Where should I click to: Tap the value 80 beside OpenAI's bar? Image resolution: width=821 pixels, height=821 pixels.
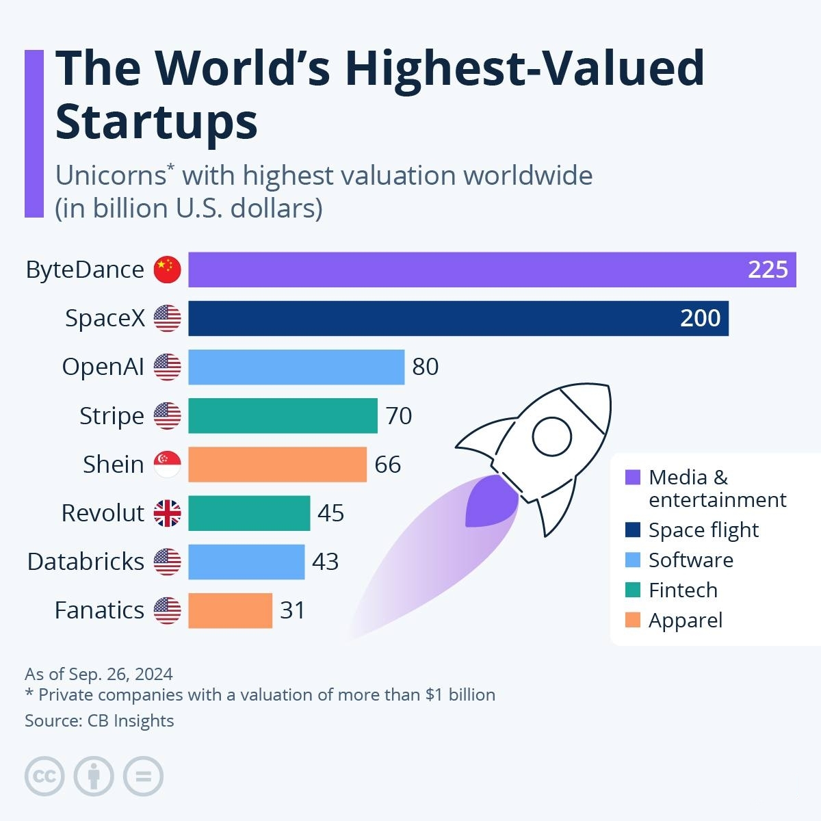[425, 367]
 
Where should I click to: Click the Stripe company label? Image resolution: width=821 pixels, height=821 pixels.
[112, 416]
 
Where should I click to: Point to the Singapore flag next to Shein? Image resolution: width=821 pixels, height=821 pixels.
[168, 465]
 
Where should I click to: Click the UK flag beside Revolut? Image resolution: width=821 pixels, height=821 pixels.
[168, 513]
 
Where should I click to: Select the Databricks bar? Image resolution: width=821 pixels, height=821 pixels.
[246, 562]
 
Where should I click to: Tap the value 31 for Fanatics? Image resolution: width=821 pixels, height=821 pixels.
[292, 610]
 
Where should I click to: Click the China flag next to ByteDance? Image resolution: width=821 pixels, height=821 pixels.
[168, 270]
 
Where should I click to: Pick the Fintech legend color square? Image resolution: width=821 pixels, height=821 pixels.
[633, 590]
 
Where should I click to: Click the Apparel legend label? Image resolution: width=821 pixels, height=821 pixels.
[685, 621]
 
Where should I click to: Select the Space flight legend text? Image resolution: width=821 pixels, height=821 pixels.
[703, 530]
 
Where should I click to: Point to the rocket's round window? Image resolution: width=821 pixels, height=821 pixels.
[551, 436]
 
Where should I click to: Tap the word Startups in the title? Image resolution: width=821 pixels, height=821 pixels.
[157, 122]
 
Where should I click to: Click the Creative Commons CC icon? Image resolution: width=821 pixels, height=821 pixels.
[44, 777]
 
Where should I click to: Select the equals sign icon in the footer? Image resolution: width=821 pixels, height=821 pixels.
[144, 777]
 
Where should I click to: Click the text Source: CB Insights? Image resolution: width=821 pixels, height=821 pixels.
[99, 720]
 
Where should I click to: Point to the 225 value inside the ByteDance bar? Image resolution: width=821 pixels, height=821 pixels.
[768, 270]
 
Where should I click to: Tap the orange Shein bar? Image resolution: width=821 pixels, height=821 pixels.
[277, 465]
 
